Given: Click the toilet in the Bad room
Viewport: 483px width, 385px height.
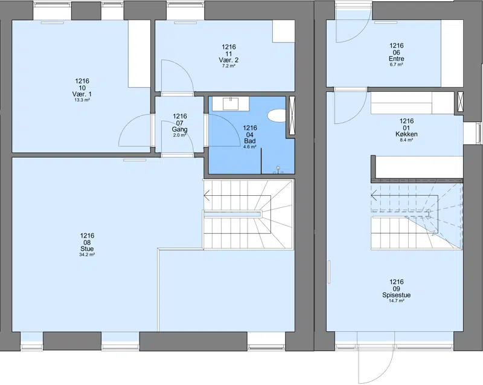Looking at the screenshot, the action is tap(277, 116).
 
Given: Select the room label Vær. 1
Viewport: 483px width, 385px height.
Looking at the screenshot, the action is tap(82, 94).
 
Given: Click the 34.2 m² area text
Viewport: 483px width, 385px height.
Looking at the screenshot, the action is tap(87, 254).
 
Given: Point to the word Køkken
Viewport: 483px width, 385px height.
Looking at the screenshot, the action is tap(406, 134).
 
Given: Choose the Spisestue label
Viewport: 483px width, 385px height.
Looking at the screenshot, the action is tap(397, 295).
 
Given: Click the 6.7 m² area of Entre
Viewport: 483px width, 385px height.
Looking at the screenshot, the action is tap(397, 65).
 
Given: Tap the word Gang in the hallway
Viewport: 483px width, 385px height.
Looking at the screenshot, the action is tap(179, 129).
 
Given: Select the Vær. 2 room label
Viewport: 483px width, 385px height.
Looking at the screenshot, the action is tap(229, 60).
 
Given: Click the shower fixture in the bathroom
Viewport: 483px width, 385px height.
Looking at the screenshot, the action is tap(278, 170).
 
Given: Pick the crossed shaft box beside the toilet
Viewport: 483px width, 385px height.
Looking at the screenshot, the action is tap(291, 115).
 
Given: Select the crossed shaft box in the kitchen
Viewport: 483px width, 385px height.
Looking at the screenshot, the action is tap(461, 102).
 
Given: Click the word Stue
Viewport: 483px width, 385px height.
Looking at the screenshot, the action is tap(87, 249).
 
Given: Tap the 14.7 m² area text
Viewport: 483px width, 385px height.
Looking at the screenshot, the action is tap(397, 301).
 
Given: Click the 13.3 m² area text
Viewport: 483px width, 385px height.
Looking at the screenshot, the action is tap(82, 100).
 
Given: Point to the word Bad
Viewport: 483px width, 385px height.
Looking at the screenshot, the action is tap(250, 141).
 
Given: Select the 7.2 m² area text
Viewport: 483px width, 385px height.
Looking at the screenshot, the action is tap(229, 66).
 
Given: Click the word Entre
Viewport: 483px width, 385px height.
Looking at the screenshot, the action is tap(397, 59).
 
